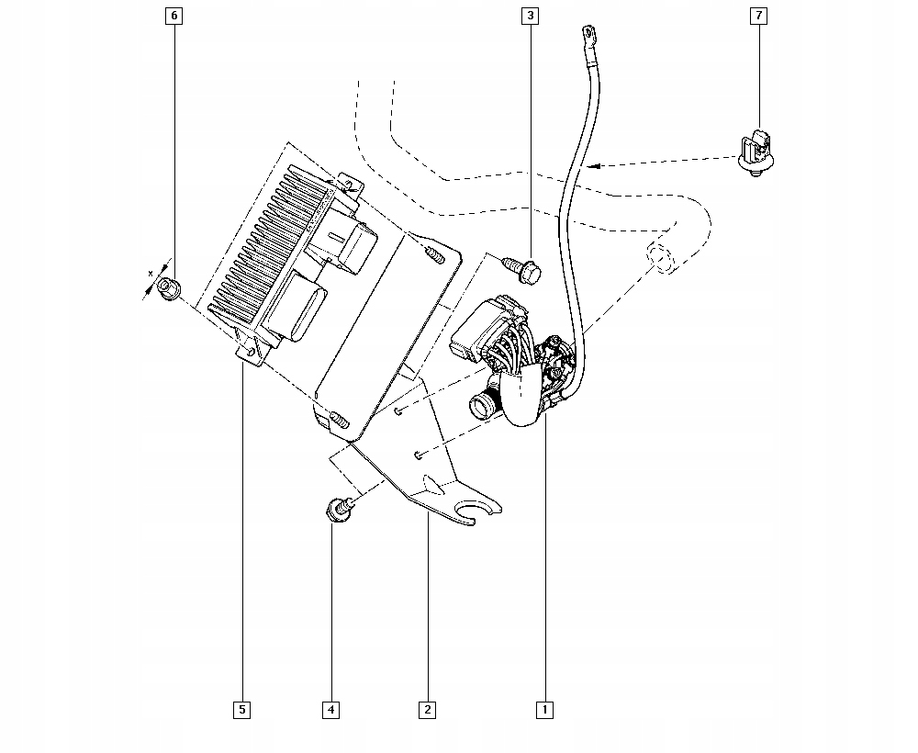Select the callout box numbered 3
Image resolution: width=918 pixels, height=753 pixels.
[531, 16]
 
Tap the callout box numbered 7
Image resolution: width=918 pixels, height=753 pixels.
[757, 16]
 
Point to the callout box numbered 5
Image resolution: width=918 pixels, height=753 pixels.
[241, 709]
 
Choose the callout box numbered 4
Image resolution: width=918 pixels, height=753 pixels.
[330, 709]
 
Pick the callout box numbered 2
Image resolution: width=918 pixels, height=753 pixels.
[427, 709]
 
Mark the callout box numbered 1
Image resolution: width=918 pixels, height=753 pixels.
[543, 709]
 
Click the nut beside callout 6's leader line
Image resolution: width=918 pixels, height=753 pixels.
[168, 290]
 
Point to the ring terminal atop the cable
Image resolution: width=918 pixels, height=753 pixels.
[586, 37]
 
